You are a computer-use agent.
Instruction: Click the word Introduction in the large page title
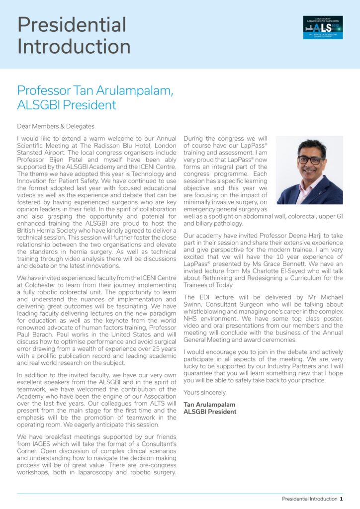[74, 47]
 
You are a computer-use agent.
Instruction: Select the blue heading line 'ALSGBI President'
[67, 105]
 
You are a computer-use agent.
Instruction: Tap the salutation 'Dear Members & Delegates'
[55, 126]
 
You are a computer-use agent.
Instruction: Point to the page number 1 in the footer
[341, 499]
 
